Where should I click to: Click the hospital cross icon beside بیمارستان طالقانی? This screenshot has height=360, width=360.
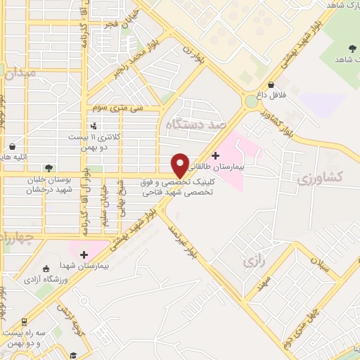point(215,154)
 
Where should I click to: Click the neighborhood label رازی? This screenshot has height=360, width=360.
point(252,262)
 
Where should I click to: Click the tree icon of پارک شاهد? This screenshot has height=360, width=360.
point(351,48)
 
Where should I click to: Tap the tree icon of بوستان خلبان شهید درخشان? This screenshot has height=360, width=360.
point(49,168)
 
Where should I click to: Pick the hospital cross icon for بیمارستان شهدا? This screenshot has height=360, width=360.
point(84,255)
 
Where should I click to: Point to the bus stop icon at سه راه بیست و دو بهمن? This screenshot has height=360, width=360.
point(25,322)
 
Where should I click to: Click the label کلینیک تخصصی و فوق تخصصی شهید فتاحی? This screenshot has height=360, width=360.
point(177,186)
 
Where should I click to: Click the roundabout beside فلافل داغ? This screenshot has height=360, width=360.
point(250,101)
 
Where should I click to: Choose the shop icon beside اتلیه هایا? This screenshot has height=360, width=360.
point(13,146)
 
